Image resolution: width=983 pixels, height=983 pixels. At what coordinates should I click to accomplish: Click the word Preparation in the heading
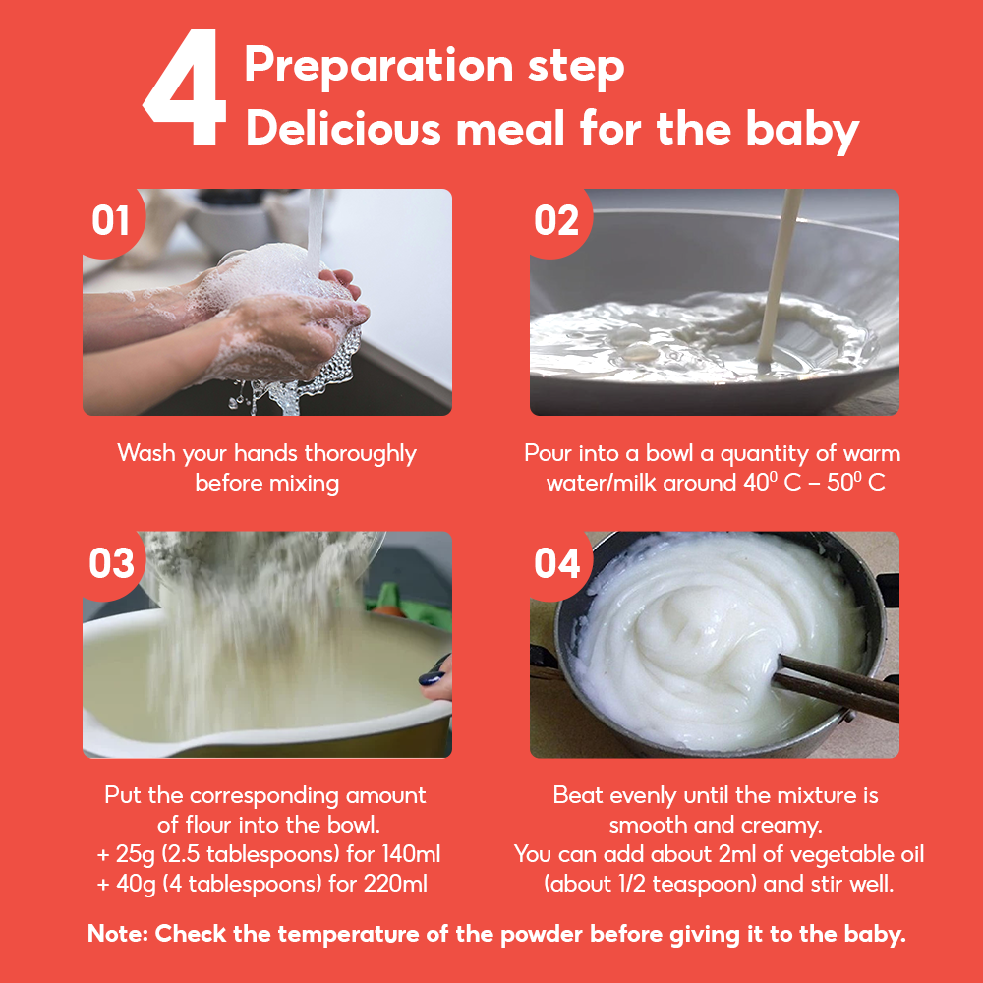point(379,66)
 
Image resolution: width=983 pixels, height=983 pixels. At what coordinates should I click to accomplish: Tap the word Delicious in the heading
point(343,128)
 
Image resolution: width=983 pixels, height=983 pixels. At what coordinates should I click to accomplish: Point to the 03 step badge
point(112,563)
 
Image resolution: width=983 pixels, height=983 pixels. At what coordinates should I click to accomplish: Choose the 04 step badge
point(556,563)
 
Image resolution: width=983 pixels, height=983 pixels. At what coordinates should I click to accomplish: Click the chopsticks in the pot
point(837,686)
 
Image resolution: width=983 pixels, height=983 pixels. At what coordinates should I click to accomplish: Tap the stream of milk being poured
point(779,276)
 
